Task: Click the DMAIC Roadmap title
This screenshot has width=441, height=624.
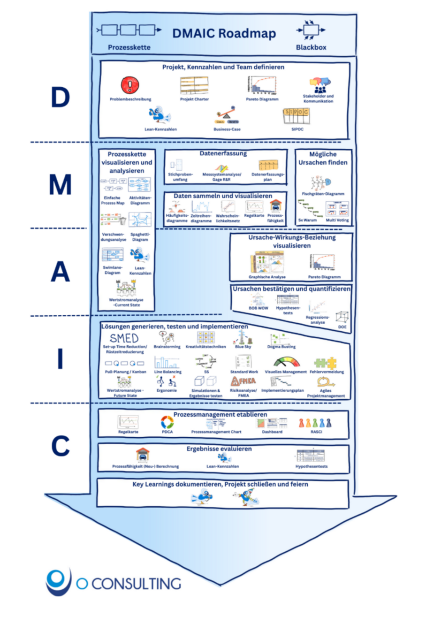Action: (x=224, y=33)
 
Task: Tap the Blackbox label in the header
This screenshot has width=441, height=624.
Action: (x=311, y=47)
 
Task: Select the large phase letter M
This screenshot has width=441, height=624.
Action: (x=61, y=185)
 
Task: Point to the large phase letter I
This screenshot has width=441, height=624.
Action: (x=60, y=359)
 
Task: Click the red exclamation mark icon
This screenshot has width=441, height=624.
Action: (x=129, y=85)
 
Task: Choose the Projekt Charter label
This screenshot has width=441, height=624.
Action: (x=194, y=99)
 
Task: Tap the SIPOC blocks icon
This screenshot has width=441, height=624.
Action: (x=297, y=115)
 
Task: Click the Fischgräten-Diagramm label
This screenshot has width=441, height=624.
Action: (x=323, y=193)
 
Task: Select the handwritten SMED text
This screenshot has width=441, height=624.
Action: (x=124, y=338)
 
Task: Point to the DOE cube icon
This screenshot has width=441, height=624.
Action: (x=342, y=317)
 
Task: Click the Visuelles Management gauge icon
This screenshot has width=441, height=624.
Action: (x=287, y=362)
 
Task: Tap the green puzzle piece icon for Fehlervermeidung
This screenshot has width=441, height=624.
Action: (x=326, y=363)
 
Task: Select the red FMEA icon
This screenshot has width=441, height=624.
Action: (x=243, y=381)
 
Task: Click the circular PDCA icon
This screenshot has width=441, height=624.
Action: (x=167, y=422)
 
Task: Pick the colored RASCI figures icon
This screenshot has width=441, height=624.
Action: (x=315, y=423)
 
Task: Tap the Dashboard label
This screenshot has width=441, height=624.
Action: (x=272, y=432)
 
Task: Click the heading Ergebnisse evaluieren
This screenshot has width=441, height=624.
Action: (x=219, y=449)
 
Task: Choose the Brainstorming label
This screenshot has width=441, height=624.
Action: (x=167, y=347)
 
